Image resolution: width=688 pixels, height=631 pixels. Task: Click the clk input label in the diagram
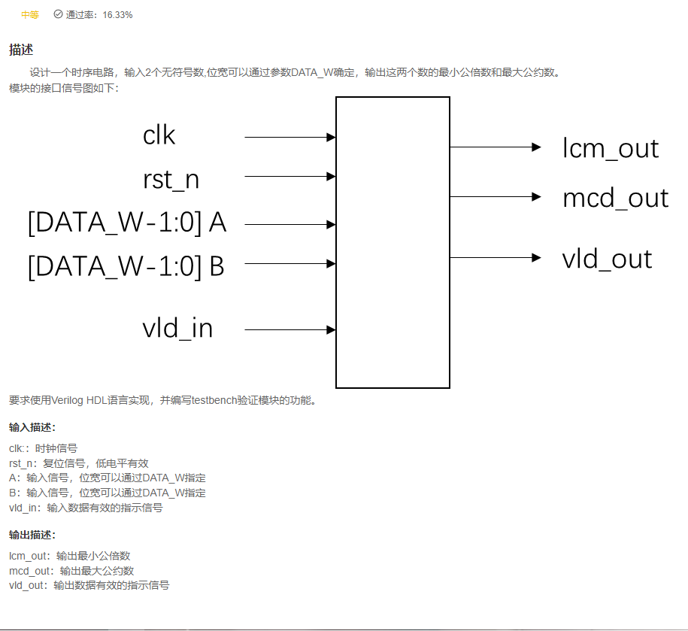[159, 135]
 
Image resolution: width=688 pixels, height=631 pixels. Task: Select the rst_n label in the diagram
[171, 180]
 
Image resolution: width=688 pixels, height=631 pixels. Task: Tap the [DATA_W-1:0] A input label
[127, 223]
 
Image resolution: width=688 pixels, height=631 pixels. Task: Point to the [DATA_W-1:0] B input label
[126, 266]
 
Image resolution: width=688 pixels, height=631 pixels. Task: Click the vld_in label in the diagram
[177, 329]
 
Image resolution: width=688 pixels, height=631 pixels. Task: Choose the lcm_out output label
[611, 148]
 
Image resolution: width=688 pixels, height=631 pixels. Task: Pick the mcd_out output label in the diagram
[615, 198]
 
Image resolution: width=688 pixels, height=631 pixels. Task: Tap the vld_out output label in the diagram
[607, 259]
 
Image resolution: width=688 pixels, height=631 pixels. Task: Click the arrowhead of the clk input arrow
[331, 138]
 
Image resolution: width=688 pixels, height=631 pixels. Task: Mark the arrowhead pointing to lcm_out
[536, 147]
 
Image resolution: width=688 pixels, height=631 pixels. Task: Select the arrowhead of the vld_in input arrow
[331, 329]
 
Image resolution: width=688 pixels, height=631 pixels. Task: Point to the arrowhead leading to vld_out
[536, 257]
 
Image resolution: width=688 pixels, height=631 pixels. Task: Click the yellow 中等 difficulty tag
[30, 15]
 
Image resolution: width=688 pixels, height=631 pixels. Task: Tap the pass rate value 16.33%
[117, 15]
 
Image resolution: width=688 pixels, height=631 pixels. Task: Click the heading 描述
[21, 50]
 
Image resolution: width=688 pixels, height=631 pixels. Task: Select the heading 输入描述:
[32, 428]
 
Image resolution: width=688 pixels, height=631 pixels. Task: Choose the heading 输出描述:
[32, 535]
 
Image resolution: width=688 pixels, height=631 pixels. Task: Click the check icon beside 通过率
[58, 14]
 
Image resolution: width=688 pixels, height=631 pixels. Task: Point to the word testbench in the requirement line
[214, 400]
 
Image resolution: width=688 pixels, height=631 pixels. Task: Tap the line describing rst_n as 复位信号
[79, 463]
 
